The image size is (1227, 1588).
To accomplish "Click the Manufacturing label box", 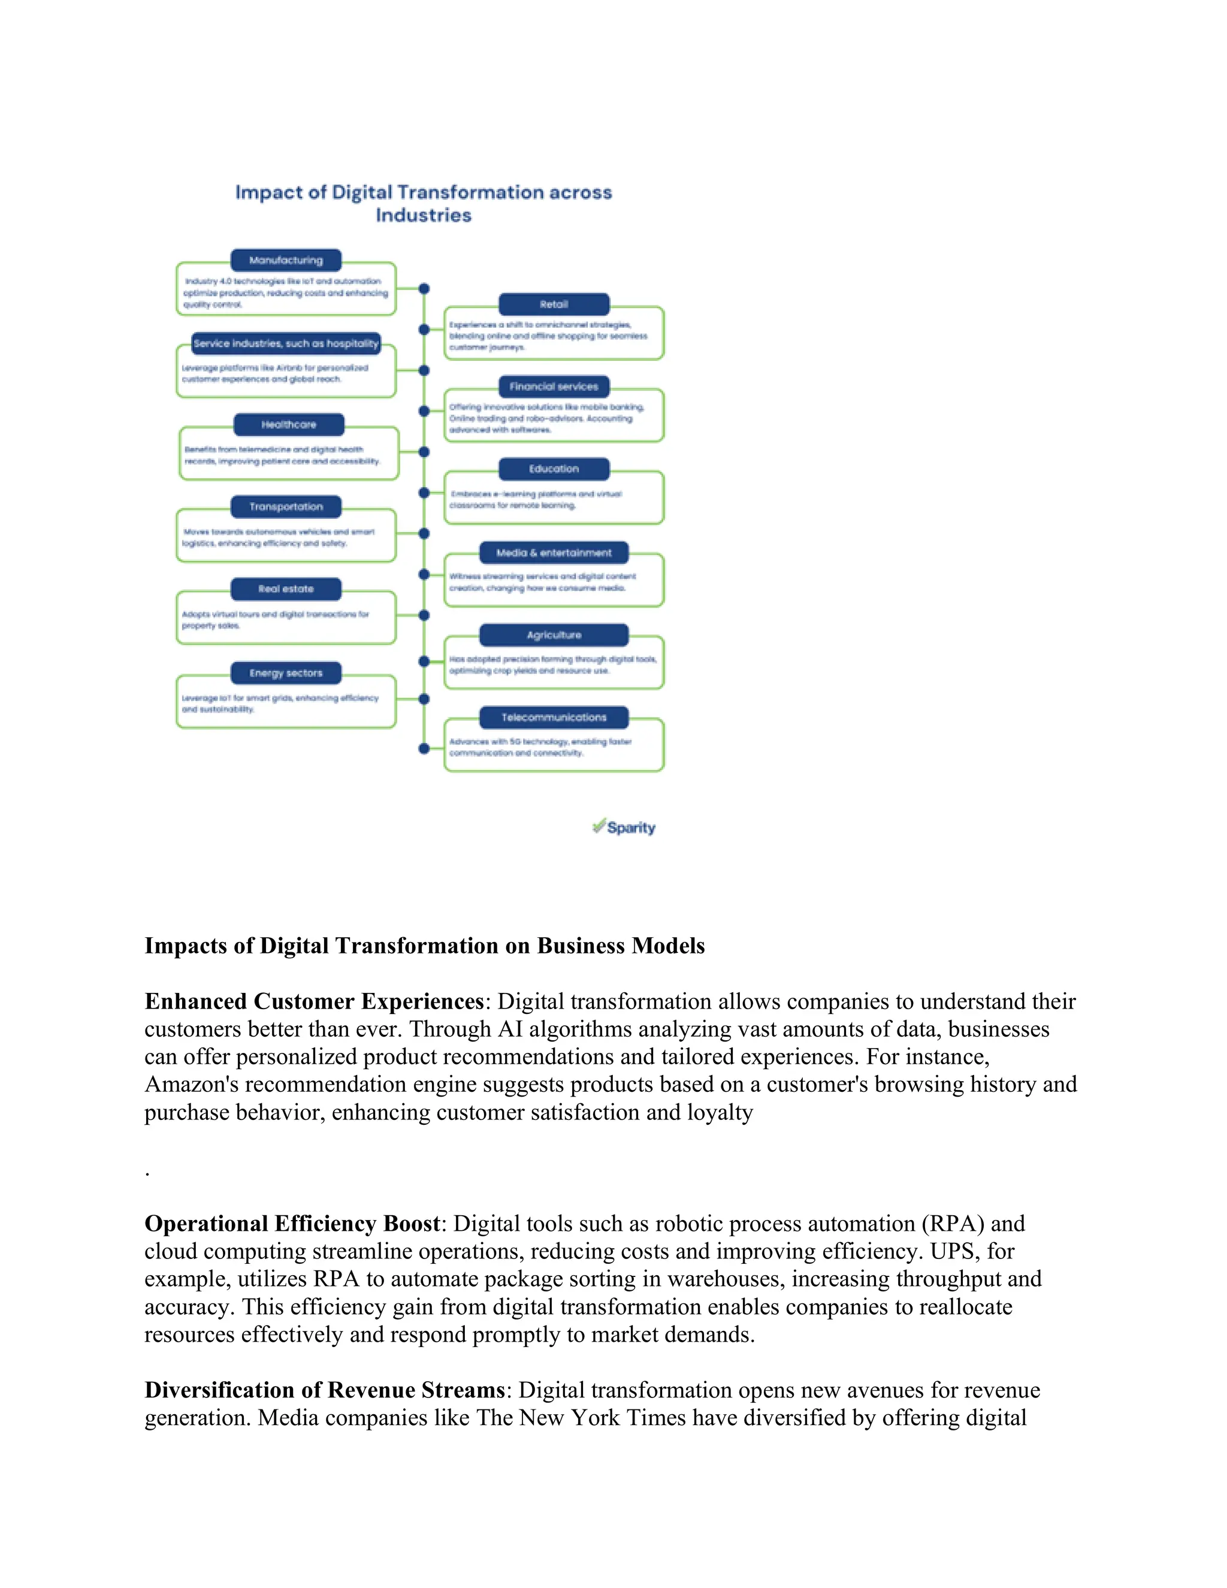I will tap(286, 260).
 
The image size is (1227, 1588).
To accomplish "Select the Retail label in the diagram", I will tap(554, 304).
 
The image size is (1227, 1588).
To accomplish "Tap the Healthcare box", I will tap(289, 425).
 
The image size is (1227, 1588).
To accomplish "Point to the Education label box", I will tap(554, 469).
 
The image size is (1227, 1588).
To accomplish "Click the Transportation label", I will tap(286, 507).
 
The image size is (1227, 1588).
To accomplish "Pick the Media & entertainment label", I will tap(554, 553).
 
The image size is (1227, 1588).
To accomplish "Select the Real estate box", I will tap(286, 589).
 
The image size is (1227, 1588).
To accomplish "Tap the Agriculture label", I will tap(554, 635).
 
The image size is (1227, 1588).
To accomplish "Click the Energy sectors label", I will tap(286, 674).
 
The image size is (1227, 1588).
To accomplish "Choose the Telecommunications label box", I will tap(554, 718).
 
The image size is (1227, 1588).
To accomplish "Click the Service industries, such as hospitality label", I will tap(286, 344).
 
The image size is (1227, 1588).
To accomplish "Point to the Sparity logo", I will tap(624, 828).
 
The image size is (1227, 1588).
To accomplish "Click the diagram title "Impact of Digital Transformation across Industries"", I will tap(423, 204).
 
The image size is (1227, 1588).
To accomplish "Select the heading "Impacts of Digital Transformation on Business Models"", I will tap(425, 946).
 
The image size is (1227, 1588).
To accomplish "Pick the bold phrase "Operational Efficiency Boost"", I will tap(292, 1224).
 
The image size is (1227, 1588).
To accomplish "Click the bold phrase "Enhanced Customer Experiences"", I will tap(314, 1002).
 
